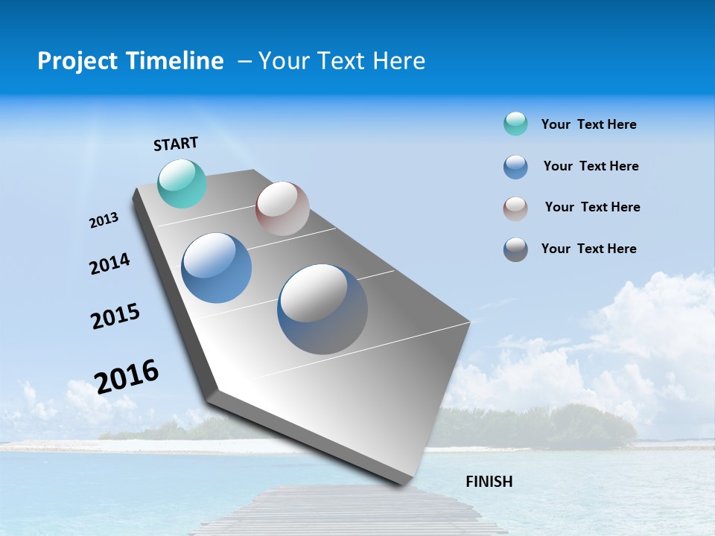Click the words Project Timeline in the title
pyautogui.click(x=130, y=61)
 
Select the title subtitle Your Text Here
pyautogui.click(x=342, y=61)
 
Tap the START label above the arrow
pyautogui.click(x=176, y=144)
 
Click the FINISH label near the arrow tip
pyautogui.click(x=489, y=482)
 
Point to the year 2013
pyautogui.click(x=104, y=220)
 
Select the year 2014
pyautogui.click(x=109, y=264)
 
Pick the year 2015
pyautogui.click(x=115, y=316)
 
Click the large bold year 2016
pyautogui.click(x=127, y=376)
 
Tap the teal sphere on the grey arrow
pyautogui.click(x=182, y=184)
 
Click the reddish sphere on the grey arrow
pyautogui.click(x=282, y=208)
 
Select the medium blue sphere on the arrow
pyautogui.click(x=217, y=268)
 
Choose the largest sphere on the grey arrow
pyautogui.click(x=322, y=309)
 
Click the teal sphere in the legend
pyautogui.click(x=515, y=124)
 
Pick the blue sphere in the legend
pyautogui.click(x=515, y=166)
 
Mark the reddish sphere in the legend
pyautogui.click(x=515, y=208)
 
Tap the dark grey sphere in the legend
pyautogui.click(x=515, y=249)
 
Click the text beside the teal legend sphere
pyautogui.click(x=588, y=124)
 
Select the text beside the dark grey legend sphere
pyautogui.click(x=588, y=249)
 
